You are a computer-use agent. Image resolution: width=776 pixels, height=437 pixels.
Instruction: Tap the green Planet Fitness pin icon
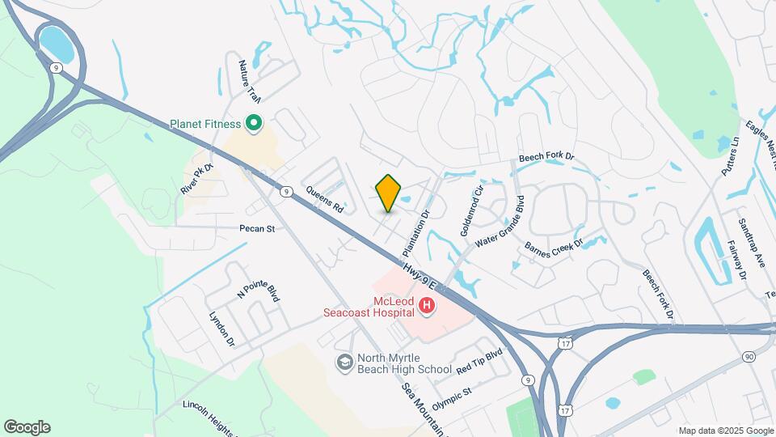[x=253, y=124]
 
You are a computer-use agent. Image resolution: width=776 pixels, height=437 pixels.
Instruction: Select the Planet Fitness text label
[x=205, y=124]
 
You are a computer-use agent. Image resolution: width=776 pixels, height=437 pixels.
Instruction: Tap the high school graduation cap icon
[x=344, y=362]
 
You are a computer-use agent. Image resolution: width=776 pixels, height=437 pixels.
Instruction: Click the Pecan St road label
[x=257, y=229]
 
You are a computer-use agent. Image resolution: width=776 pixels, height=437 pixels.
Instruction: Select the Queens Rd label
[x=325, y=199]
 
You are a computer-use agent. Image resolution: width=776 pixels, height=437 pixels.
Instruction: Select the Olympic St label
[x=452, y=397]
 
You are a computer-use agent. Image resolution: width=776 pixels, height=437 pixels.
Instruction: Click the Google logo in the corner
[x=27, y=427]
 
